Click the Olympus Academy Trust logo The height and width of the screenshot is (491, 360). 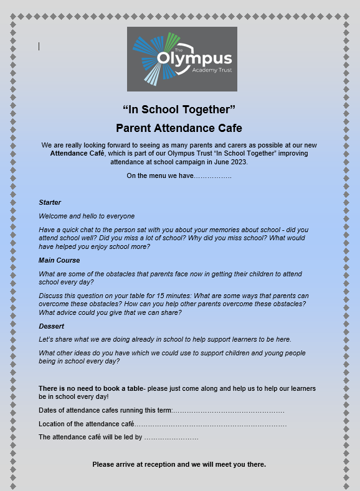(179, 59)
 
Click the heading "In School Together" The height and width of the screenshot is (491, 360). (179, 110)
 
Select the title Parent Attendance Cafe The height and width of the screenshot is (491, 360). (179, 128)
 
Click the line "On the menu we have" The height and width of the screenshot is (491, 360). (179, 176)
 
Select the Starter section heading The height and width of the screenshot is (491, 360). (50, 202)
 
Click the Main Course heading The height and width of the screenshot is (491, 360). (59, 260)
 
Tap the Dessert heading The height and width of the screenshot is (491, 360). (52, 325)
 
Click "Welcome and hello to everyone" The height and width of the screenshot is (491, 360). (87, 216)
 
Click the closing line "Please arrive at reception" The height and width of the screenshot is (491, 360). (179, 464)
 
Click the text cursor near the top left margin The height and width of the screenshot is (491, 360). (39, 46)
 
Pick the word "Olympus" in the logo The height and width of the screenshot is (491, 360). (194, 60)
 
